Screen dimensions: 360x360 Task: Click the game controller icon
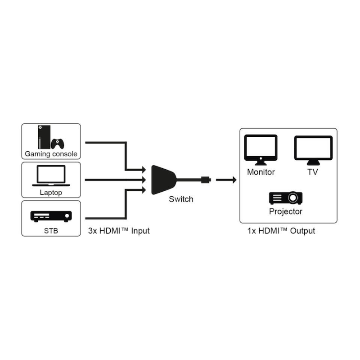[58, 144]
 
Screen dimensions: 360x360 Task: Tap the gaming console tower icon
[43, 137]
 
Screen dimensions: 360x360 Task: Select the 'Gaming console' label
[51, 154]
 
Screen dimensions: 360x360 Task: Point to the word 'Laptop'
[51, 193]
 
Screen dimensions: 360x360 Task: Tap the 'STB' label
[51, 232]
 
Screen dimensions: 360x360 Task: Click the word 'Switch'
[181, 199]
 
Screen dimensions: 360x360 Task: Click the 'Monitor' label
[261, 172]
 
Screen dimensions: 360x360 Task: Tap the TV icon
[313, 150]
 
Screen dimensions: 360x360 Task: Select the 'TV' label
[313, 172]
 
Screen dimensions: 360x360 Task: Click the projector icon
[286, 198]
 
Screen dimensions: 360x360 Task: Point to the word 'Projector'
[286, 211]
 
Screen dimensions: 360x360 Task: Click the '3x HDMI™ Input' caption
[119, 231]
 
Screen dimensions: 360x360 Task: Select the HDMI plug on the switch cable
[205, 180]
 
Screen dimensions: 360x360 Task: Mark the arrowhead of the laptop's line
[144, 180]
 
